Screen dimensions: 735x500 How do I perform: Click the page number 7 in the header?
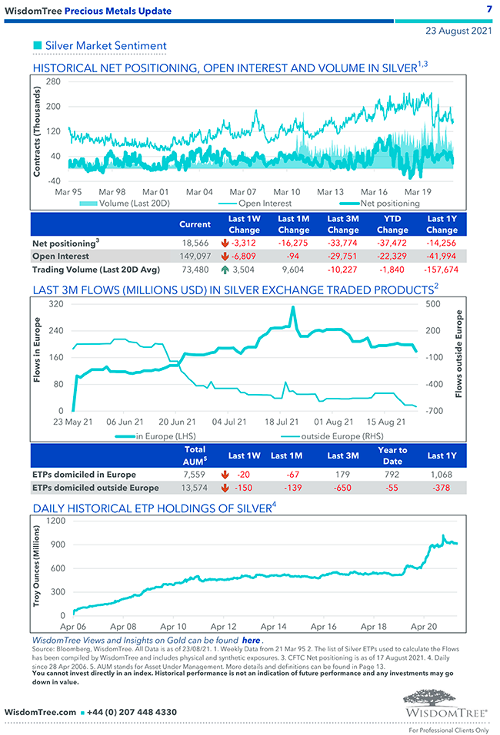(488, 9)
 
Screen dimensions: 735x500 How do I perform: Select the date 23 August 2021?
(459, 31)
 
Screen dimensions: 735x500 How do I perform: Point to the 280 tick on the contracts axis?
(54, 81)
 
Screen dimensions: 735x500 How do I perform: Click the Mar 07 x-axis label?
(243, 191)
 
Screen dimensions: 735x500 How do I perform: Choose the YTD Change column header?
(392, 224)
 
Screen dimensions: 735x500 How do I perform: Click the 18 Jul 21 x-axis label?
(281, 422)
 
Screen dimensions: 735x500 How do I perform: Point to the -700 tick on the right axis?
(433, 412)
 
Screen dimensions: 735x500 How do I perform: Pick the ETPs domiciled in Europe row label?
(85, 474)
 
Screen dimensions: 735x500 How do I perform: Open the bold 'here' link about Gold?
(251, 640)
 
